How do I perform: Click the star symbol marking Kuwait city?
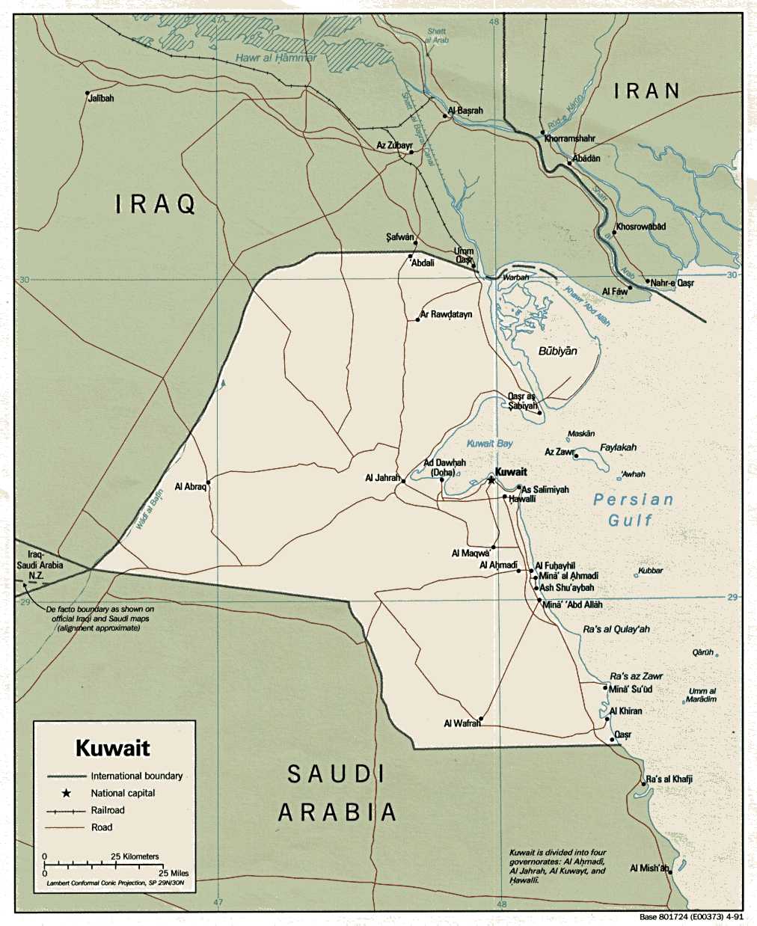pyautogui.click(x=491, y=479)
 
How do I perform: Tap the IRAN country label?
pyautogui.click(x=647, y=91)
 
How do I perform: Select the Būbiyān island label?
pyautogui.click(x=557, y=351)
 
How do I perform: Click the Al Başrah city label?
pyautogui.click(x=466, y=111)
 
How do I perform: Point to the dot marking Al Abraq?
pyautogui.click(x=209, y=483)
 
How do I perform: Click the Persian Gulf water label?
pyautogui.click(x=633, y=509)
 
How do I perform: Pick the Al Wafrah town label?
pyautogui.click(x=462, y=723)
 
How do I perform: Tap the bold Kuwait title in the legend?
pyautogui.click(x=113, y=748)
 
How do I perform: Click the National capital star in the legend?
pyautogui.click(x=67, y=793)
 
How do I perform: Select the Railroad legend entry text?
pyautogui.click(x=108, y=810)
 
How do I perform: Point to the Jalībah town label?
pyautogui.click(x=101, y=98)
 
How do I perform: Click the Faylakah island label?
pyautogui.click(x=618, y=447)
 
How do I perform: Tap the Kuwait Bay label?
pyautogui.click(x=490, y=444)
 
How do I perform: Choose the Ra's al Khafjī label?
pyautogui.click(x=669, y=779)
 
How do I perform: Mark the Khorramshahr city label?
pyautogui.click(x=570, y=139)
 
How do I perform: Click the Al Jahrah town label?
pyautogui.click(x=382, y=477)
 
